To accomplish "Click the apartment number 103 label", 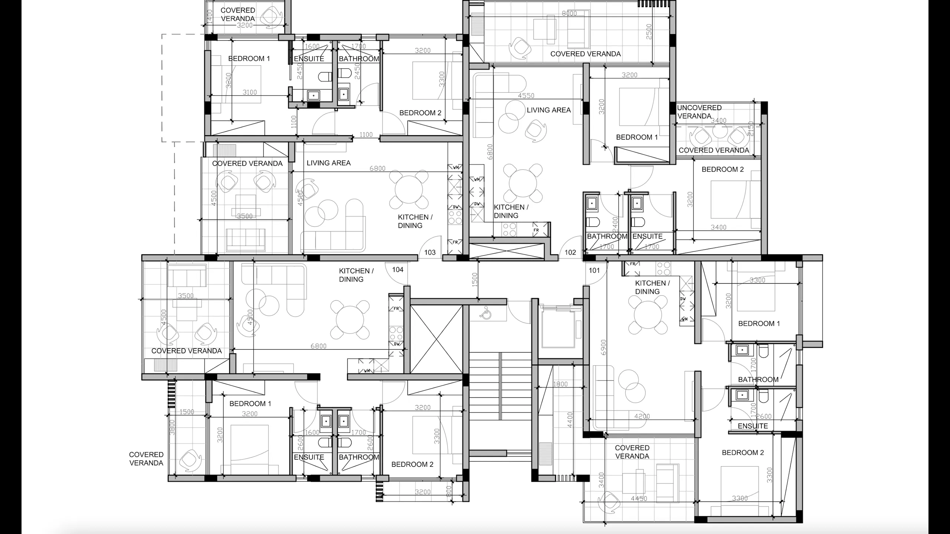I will pos(430,253).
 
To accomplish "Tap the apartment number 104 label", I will pos(397,270).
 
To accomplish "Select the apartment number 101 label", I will pos(594,270).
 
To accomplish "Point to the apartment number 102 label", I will pos(570,253).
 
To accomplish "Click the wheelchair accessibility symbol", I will pos(485,313).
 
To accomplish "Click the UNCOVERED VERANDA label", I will pos(699,112).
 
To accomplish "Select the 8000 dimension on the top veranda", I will pos(569,13).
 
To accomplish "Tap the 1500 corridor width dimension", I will pos(474,280).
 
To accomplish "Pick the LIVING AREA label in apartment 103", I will pos(328,163).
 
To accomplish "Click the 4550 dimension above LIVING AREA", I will pos(526,96).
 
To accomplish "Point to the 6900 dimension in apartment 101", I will pos(603,347).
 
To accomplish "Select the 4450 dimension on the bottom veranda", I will pos(639,498).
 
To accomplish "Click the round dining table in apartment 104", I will pos(350,319).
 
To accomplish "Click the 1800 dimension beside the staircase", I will pos(560,384).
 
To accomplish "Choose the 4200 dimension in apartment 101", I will pos(642,416).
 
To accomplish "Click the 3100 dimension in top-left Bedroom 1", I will pos(249,92).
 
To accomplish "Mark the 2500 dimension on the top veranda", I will pos(649,32).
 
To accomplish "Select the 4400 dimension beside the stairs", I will pos(570,420).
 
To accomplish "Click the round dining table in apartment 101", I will pos(648,315).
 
